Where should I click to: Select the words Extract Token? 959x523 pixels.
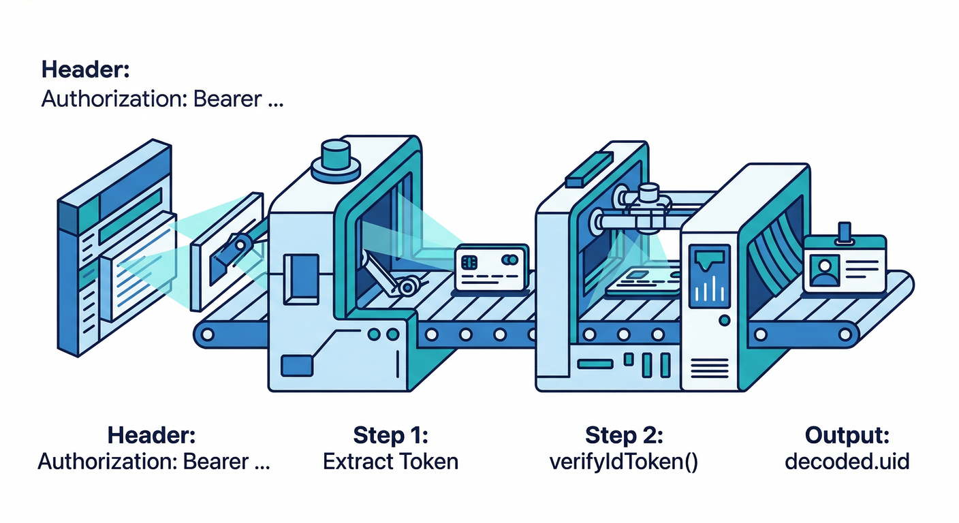[x=390, y=462]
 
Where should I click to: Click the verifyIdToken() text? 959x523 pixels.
[x=624, y=462]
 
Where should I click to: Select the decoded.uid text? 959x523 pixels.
[x=847, y=462]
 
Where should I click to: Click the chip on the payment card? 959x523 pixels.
[x=469, y=262]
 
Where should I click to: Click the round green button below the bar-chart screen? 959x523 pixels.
[x=724, y=319]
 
